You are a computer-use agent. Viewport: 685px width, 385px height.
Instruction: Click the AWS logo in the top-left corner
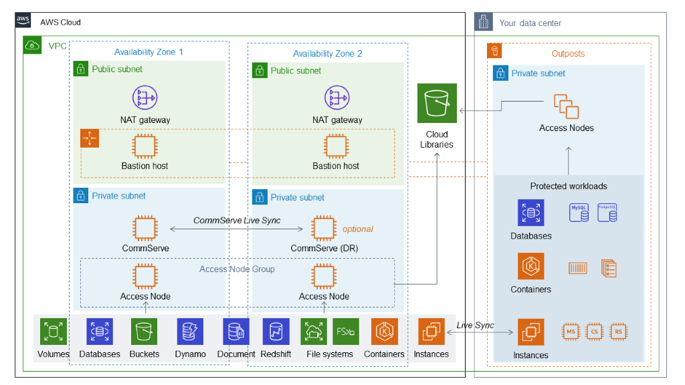23,21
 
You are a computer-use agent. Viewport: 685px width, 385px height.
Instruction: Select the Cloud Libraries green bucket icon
437,104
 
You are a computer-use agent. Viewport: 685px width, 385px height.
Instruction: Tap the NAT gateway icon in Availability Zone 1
144,98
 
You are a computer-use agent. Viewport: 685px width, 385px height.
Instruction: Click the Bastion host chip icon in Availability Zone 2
336,146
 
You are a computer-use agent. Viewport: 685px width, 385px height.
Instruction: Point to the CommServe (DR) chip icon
323,229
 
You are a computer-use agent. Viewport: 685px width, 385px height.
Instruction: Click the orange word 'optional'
357,229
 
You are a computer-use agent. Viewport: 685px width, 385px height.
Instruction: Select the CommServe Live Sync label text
237,221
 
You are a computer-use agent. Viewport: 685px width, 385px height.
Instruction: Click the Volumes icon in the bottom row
53,332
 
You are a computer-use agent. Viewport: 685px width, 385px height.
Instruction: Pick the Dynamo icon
190,332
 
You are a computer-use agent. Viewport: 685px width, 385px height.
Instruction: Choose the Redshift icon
276,332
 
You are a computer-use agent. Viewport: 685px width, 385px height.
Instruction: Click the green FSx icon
346,332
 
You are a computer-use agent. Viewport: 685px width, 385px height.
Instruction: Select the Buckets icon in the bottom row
144,332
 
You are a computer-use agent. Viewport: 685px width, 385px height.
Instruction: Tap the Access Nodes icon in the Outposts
566,107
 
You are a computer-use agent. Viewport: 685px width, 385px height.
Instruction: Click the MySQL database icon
579,213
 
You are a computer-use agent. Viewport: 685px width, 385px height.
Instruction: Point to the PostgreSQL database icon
607,213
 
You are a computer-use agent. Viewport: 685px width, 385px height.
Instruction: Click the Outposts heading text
567,53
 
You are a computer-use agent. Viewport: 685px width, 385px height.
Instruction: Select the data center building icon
483,22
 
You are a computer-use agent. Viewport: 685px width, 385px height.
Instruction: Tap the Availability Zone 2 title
327,53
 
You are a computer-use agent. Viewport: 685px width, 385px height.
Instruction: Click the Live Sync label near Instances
475,326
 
